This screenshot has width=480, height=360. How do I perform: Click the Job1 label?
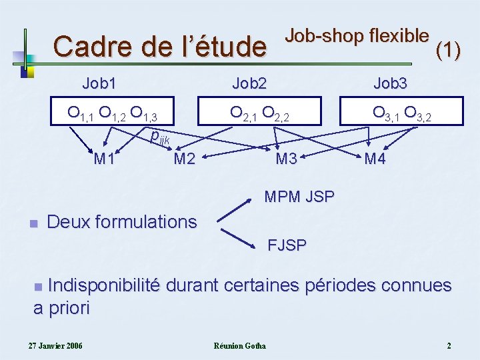(99, 83)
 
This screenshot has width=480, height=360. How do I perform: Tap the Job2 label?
(249, 83)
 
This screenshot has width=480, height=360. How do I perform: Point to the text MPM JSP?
(299, 197)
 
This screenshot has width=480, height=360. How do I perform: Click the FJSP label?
(287, 245)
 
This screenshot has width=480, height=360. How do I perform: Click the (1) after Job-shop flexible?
(447, 49)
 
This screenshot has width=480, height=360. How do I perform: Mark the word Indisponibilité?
(103, 286)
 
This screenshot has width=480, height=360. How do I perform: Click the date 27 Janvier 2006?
(55, 345)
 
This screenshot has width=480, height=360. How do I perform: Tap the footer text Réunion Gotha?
(239, 345)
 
